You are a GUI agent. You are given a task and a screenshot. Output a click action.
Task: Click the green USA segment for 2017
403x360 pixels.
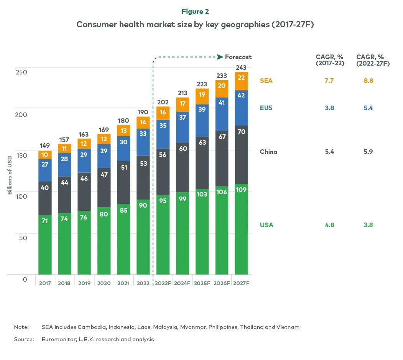[x=45, y=244]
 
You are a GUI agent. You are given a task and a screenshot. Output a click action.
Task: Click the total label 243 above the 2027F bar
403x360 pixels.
[x=242, y=68]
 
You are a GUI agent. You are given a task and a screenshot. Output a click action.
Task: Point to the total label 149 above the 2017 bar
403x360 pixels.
[x=45, y=146]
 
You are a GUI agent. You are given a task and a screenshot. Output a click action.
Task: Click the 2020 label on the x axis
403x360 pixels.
[x=104, y=283]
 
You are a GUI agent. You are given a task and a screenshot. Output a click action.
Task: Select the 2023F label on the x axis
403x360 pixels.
[x=163, y=283]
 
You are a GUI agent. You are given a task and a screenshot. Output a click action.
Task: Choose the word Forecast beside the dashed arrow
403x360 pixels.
[x=238, y=57]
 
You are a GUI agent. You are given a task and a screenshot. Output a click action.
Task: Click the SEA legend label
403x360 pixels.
[x=266, y=81]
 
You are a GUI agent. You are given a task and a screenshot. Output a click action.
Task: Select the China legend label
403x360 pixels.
[x=268, y=152]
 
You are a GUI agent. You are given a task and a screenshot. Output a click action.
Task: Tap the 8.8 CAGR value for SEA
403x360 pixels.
[x=368, y=81]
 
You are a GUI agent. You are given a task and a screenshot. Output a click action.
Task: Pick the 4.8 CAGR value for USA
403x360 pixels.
[x=329, y=225]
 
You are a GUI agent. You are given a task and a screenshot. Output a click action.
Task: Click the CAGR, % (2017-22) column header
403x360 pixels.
[x=330, y=61]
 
